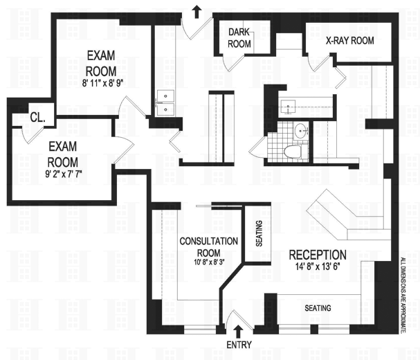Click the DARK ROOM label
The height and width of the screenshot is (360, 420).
click(x=239, y=37)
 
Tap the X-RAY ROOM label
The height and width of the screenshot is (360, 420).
click(x=349, y=41)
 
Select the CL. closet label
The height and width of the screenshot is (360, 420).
click(x=37, y=118)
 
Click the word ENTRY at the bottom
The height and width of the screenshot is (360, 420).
click(x=238, y=344)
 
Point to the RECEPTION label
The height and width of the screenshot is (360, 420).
click(x=318, y=254)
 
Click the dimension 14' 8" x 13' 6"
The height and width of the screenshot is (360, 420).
click(x=318, y=267)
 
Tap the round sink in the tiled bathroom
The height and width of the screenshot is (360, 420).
click(x=301, y=129)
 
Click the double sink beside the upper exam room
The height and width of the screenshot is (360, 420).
click(x=166, y=102)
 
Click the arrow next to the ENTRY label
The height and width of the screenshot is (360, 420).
click(x=239, y=330)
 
